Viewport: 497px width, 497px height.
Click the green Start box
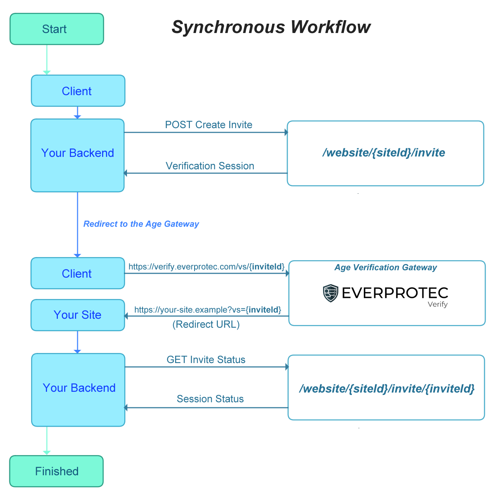pyautogui.click(x=57, y=29)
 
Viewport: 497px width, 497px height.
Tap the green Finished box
pyautogui.click(x=57, y=471)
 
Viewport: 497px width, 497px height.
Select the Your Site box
pyautogui.click(x=78, y=315)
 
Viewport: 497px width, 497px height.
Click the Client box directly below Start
pyautogui.click(x=78, y=91)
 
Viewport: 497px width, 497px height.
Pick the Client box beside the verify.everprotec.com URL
pyautogui.click(x=78, y=273)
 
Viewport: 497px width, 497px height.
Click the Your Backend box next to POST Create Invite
pyautogui.click(x=78, y=155)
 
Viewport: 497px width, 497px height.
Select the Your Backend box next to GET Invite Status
pyautogui.click(x=78, y=390)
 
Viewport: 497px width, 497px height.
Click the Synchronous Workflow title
pyautogui.click(x=271, y=27)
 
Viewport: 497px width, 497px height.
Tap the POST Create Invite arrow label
pyautogui.click(x=209, y=125)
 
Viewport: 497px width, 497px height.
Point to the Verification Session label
pyautogui.click(x=210, y=166)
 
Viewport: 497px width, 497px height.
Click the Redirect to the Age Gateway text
pyautogui.click(x=141, y=224)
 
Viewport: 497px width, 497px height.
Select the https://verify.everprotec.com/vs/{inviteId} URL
pyautogui.click(x=207, y=267)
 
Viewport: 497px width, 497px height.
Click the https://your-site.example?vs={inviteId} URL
pyautogui.click(x=208, y=310)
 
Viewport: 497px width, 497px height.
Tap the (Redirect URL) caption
pyautogui.click(x=206, y=324)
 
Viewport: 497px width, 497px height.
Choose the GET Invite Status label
pyautogui.click(x=206, y=360)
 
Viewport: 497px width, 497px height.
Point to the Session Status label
pyautogui.click(x=210, y=399)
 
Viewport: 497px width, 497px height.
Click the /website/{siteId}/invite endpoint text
pyautogui.click(x=384, y=153)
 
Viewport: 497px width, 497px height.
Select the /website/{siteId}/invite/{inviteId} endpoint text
pyautogui.click(x=387, y=389)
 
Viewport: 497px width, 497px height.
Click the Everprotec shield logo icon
pyautogui.click(x=331, y=293)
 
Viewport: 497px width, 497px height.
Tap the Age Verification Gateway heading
pyautogui.click(x=386, y=268)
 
